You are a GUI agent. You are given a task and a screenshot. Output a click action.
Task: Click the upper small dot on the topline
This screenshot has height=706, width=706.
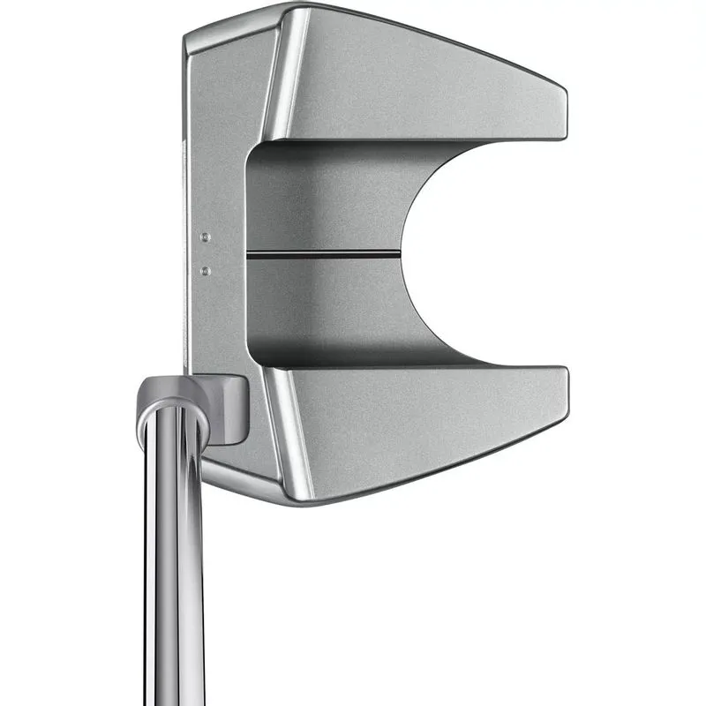coord(205,237)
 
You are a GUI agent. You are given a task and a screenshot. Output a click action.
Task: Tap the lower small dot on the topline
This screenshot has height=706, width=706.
coord(205,270)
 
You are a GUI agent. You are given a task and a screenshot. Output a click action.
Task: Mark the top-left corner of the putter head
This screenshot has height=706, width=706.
coord(188,35)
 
